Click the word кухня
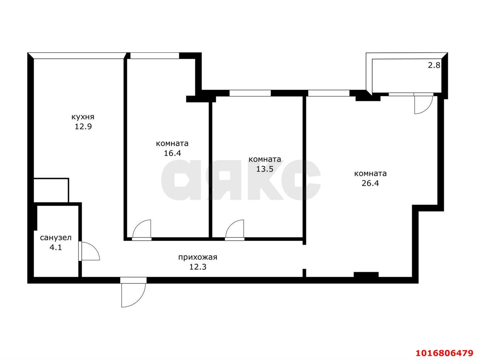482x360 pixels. click(x=83, y=117)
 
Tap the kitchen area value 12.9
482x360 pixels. click(x=83, y=127)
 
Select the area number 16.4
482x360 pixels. click(x=172, y=153)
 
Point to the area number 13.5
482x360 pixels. click(x=265, y=169)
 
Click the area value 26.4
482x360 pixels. click(x=370, y=183)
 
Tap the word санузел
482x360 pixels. click(x=56, y=238)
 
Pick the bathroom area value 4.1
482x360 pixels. click(x=56, y=247)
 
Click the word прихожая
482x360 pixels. click(x=198, y=257)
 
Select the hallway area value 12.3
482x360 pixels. click(x=198, y=267)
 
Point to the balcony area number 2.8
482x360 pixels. click(x=434, y=65)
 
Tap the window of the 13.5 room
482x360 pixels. click(x=250, y=93)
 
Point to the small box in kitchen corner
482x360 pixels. click(x=51, y=190)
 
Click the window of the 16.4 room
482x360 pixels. click(x=155, y=55)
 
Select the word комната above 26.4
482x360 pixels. click(x=370, y=174)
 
